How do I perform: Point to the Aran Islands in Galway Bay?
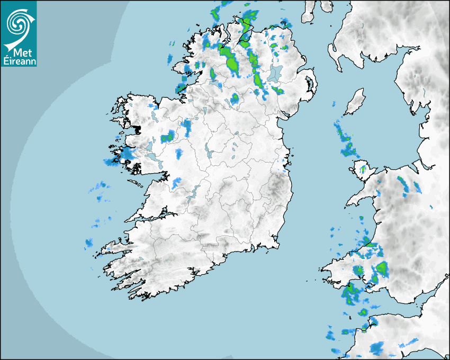(x=136, y=184)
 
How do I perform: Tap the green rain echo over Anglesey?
(x=363, y=169)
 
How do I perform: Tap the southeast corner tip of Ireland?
(x=276, y=245)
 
